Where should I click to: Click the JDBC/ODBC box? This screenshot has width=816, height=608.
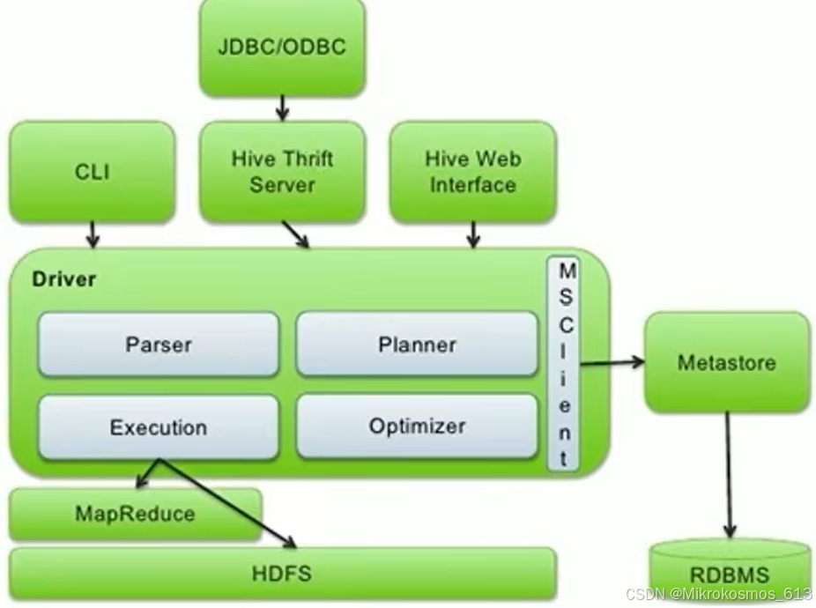tap(282, 46)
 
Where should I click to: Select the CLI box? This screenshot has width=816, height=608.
tap(93, 171)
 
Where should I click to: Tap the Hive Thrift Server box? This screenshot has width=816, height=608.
tap(282, 171)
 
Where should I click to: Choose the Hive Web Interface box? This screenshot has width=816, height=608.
tap(472, 171)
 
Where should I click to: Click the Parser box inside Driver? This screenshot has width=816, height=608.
tap(159, 344)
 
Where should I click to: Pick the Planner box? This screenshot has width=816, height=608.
tap(417, 344)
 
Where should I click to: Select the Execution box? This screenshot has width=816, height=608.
tap(159, 427)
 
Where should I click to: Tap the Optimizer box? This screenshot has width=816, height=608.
tap(417, 426)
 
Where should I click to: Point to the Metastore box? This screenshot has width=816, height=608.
tap(727, 362)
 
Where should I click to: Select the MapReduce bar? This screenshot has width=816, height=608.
tap(135, 514)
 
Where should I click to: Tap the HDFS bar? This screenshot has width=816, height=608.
tap(283, 574)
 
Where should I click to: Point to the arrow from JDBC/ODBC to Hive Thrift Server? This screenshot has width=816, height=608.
tap(282, 108)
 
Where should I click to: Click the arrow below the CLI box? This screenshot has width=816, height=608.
tap(93, 234)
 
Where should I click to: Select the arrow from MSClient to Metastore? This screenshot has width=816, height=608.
tap(612, 361)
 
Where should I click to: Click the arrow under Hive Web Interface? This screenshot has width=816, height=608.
tap(473, 234)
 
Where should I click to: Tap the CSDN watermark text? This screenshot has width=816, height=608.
tap(718, 595)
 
